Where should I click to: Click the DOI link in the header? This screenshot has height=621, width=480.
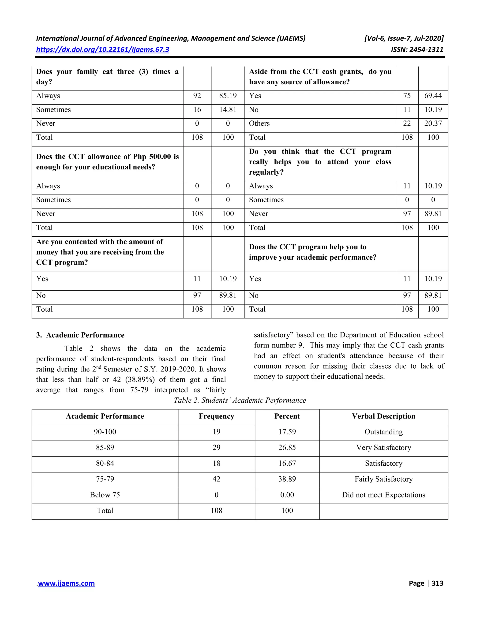click(x=102, y=49)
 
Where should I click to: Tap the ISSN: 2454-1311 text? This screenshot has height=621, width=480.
click(x=417, y=49)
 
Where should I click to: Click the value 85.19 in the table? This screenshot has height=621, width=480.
click(x=228, y=96)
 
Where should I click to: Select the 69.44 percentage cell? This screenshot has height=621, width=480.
click(x=433, y=96)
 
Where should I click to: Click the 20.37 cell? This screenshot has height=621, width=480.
click(x=433, y=123)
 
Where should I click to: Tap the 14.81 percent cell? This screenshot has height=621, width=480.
click(x=228, y=110)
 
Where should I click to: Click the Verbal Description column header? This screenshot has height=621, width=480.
click(x=383, y=416)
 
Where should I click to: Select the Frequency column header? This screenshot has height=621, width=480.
click(x=216, y=416)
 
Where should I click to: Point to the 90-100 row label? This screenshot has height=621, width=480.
click(x=105, y=432)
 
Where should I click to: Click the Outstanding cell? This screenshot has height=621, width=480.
click(x=383, y=432)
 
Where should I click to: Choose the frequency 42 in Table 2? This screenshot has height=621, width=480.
click(x=216, y=479)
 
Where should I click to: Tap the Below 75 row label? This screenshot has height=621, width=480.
click(x=105, y=495)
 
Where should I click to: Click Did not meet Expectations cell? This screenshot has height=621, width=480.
click(x=383, y=495)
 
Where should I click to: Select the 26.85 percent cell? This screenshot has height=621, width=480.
click(x=287, y=448)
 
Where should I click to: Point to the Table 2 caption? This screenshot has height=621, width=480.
click(x=240, y=400)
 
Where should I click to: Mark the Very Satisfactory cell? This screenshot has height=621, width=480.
click(x=383, y=448)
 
